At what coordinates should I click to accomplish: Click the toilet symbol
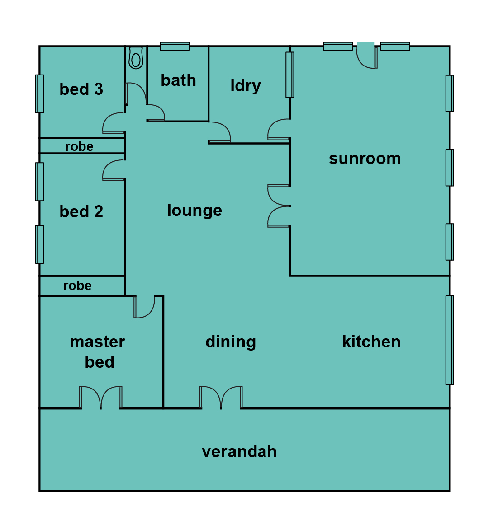(x=136, y=58)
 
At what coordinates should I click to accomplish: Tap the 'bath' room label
(x=178, y=80)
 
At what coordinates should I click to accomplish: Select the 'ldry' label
(x=246, y=86)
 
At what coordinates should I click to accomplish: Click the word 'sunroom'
(x=365, y=159)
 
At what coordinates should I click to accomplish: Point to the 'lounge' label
(x=194, y=211)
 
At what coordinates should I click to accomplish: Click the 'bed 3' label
(x=81, y=89)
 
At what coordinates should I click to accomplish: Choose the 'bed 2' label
(x=81, y=211)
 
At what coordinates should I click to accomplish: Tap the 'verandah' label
(x=239, y=451)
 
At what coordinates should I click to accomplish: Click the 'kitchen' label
(x=371, y=342)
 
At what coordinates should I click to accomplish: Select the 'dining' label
(x=231, y=342)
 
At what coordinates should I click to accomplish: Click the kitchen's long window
(x=450, y=340)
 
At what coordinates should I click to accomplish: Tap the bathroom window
(x=175, y=46)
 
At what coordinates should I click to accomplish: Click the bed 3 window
(x=39, y=94)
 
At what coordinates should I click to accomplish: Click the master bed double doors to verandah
(x=100, y=398)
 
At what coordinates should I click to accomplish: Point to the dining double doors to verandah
(x=221, y=398)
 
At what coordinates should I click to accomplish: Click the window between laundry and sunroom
(x=290, y=75)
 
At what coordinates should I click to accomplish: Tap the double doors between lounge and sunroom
(x=279, y=206)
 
